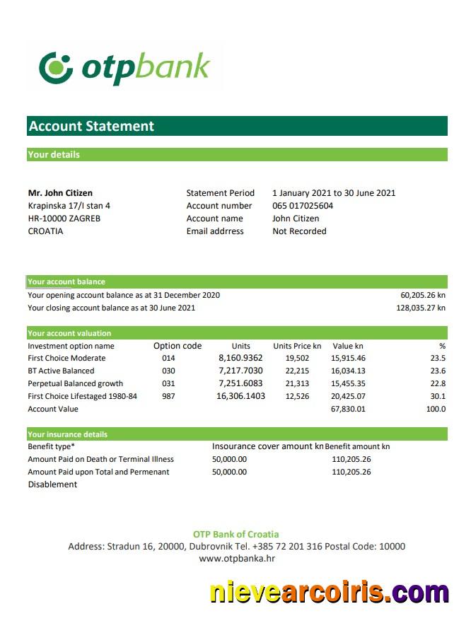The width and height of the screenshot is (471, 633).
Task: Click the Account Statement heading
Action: tap(91, 127)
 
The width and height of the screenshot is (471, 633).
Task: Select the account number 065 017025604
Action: tap(303, 206)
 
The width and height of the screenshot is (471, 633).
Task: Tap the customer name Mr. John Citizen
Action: tap(60, 193)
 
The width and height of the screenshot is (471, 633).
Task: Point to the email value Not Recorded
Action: tap(299, 231)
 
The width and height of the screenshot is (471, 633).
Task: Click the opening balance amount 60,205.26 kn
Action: tap(422, 295)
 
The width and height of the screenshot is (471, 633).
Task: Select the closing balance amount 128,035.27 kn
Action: tap(420, 308)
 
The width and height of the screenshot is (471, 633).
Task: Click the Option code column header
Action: tap(178, 346)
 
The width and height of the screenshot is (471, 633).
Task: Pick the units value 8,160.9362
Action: tap(240, 359)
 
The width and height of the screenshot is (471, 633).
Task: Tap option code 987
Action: tap(168, 396)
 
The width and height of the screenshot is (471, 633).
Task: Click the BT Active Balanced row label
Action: tap(61, 371)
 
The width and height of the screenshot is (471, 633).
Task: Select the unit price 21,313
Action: tap(297, 383)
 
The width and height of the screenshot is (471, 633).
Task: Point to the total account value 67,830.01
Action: tap(348, 409)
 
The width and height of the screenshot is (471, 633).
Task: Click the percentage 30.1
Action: tap(438, 396)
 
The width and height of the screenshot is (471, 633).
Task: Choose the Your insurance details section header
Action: tap(68, 434)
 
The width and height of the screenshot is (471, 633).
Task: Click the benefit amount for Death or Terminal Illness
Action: tap(351, 459)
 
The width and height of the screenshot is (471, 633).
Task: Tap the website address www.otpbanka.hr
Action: tap(236, 559)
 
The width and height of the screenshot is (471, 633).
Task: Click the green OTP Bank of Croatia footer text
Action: tap(236, 534)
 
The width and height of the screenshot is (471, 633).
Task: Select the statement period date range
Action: tap(334, 193)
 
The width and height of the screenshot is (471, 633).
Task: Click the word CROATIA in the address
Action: tap(45, 231)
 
